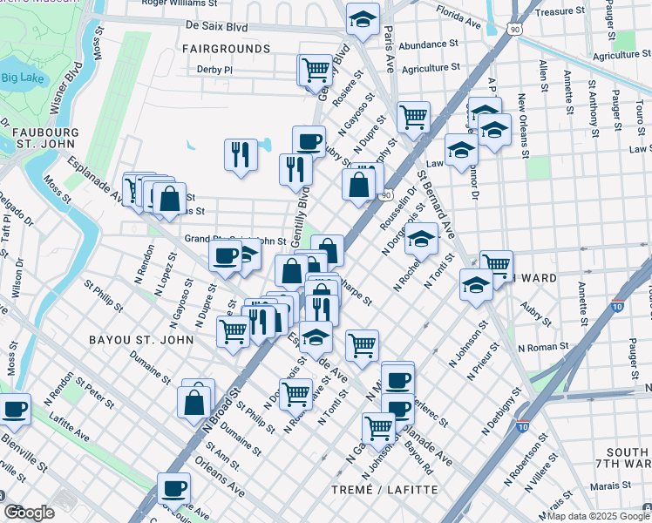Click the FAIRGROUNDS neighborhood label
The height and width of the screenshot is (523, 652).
226,49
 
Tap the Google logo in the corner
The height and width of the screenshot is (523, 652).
29,513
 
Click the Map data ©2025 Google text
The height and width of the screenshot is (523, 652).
597,516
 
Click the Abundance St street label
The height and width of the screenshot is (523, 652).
429,44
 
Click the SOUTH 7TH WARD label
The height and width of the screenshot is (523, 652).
627,459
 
